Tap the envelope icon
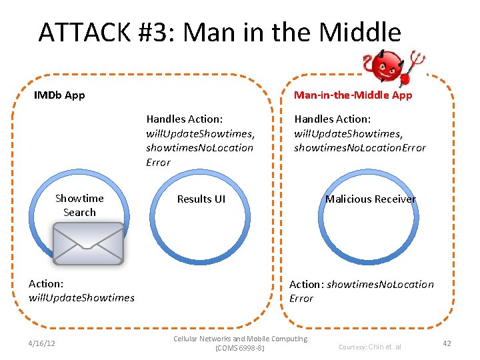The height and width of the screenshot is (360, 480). pyautogui.click(x=89, y=243)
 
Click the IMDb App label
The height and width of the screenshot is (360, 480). pyautogui.click(x=59, y=95)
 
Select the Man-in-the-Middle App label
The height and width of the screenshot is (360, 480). pyautogui.click(x=353, y=95)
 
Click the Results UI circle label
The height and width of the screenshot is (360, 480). pyautogui.click(x=201, y=199)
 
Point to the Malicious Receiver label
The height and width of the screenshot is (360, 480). pyautogui.click(x=371, y=199)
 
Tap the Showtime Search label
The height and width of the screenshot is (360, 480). pyautogui.click(x=79, y=205)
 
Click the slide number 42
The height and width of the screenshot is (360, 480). pyautogui.click(x=447, y=343)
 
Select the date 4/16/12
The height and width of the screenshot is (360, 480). pyautogui.click(x=42, y=343)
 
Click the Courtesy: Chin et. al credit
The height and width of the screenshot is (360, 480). pyautogui.click(x=370, y=347)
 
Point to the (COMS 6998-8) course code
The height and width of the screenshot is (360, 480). pyautogui.click(x=240, y=349)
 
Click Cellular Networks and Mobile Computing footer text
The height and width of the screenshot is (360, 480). pyautogui.click(x=240, y=339)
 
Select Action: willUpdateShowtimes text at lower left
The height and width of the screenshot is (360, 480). pyautogui.click(x=81, y=291)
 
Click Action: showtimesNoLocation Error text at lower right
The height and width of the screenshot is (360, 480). pyautogui.click(x=361, y=291)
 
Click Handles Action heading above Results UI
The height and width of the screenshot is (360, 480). pyautogui.click(x=185, y=119)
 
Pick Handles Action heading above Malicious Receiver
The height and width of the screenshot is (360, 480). pyautogui.click(x=333, y=119)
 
